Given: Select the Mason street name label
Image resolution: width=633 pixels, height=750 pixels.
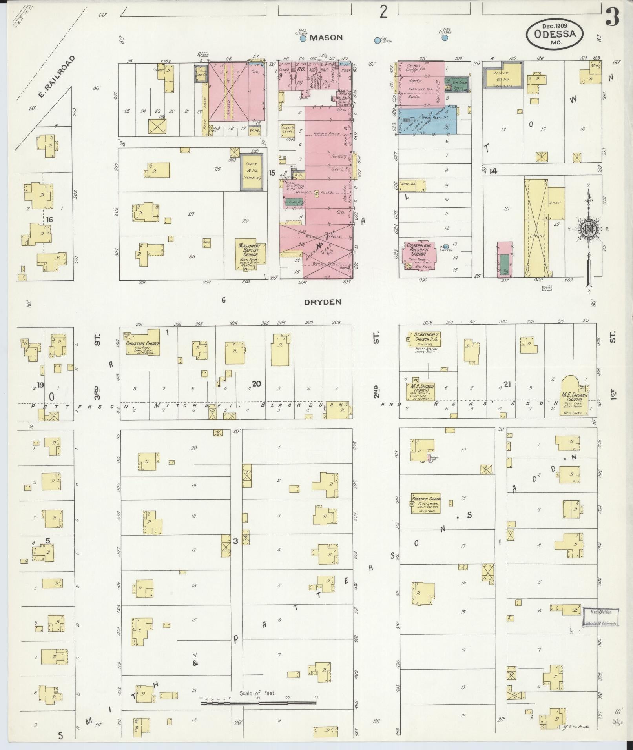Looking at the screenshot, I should [x=326, y=38].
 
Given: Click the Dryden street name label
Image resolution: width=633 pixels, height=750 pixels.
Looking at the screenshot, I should [x=323, y=302].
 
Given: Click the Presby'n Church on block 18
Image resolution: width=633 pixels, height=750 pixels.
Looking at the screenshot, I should [x=426, y=503].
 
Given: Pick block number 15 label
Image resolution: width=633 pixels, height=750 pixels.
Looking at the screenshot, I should [x=272, y=173].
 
